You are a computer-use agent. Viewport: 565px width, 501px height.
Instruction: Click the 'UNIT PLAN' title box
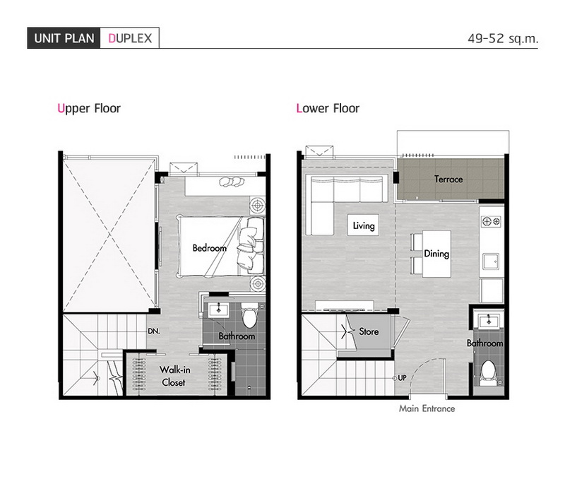[x=64, y=38]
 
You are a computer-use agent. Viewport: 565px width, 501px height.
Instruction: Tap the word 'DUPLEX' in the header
[x=130, y=38]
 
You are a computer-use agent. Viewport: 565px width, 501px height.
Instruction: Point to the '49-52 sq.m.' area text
[x=503, y=38]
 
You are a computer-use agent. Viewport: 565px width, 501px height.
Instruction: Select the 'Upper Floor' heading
[x=89, y=109]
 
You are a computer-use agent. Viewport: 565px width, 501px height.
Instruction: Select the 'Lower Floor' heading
[x=328, y=108]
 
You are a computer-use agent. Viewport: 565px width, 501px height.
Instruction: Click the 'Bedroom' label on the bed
[x=209, y=248]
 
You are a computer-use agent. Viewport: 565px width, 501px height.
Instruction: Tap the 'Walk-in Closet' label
[x=174, y=376]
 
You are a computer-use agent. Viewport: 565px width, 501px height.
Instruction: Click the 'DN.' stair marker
[x=154, y=331]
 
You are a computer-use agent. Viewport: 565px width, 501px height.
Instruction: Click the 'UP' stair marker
[x=402, y=378]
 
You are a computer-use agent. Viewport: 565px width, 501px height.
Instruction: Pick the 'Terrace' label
[x=448, y=179]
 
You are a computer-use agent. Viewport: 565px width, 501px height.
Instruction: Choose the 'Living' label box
[x=363, y=225]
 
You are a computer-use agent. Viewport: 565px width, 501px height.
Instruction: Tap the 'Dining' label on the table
[x=436, y=254]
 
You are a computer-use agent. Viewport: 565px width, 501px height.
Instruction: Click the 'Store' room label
[x=369, y=331]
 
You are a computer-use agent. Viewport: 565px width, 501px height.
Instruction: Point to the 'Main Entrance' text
[x=427, y=408]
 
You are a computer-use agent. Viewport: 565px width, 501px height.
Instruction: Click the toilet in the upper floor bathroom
[x=249, y=315]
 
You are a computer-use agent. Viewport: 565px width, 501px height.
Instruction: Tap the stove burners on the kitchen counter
[x=492, y=221]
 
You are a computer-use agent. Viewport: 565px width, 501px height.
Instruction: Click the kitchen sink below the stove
[x=491, y=261]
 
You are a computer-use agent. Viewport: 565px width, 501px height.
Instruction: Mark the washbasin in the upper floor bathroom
[x=218, y=310]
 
